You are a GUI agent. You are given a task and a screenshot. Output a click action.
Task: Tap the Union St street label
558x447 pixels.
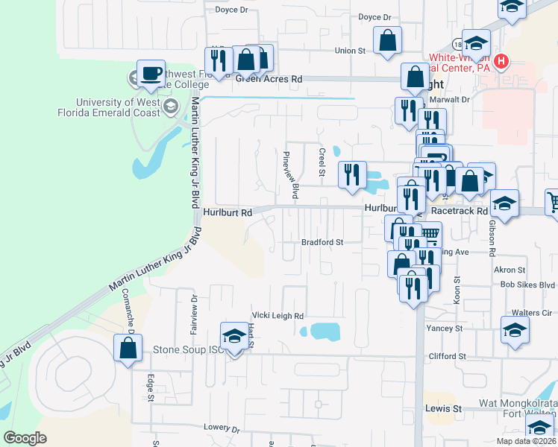tap(350, 51)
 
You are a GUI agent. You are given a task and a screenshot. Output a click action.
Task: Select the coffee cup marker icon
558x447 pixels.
tap(151, 74)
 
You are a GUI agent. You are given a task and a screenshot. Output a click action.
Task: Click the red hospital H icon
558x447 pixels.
tap(501, 60)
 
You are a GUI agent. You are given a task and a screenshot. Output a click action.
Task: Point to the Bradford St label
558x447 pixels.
tap(322, 242)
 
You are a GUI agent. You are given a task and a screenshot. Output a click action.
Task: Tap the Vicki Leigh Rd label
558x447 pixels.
tap(278, 316)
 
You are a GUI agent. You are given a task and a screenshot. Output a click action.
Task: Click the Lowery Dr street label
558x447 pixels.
tap(222, 429)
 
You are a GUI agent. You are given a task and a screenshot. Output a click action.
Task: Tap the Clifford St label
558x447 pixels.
tap(447, 357)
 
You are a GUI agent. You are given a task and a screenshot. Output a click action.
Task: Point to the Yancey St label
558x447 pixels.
tap(445, 328)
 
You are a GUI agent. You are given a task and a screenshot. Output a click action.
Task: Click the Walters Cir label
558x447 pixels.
tap(531, 314)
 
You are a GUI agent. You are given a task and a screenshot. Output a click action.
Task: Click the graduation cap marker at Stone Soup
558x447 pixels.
tap(234, 336)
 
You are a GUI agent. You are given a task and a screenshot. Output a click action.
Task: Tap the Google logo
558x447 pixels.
tap(25, 437)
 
